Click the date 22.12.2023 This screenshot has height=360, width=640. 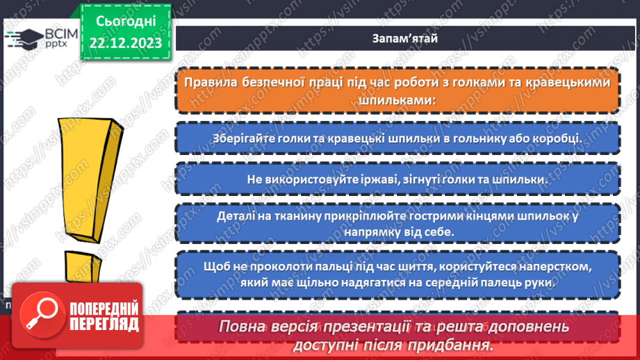(125, 42)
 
